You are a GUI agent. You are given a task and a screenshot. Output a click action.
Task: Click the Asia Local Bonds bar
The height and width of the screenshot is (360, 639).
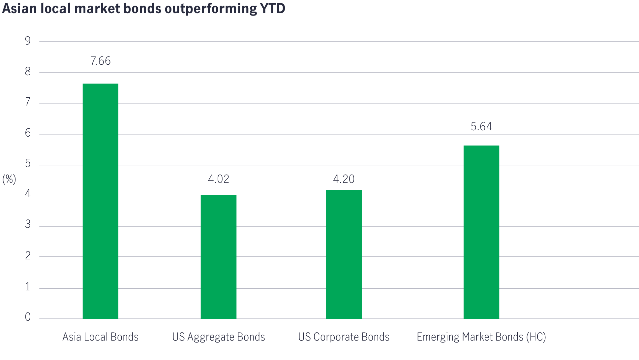[x=100, y=201]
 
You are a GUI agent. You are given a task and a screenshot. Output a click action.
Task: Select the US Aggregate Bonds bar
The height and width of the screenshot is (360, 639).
[x=218, y=256]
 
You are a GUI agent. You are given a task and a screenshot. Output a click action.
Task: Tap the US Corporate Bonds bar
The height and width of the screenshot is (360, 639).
[x=344, y=254]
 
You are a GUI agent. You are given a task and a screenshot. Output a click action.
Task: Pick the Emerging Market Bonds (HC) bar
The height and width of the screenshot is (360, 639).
[x=481, y=232]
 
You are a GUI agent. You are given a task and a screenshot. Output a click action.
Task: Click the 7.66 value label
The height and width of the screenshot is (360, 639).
[x=101, y=61]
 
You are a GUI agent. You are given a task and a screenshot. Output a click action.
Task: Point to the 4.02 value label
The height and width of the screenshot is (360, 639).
[x=218, y=179]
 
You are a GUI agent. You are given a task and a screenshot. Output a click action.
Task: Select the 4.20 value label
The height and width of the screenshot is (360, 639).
[x=344, y=179]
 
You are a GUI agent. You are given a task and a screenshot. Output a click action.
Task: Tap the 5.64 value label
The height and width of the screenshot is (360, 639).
[x=481, y=127]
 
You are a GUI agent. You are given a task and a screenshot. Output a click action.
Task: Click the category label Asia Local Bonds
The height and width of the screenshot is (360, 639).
[x=100, y=337]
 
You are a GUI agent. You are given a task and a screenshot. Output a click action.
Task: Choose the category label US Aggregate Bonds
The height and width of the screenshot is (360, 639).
[x=218, y=337]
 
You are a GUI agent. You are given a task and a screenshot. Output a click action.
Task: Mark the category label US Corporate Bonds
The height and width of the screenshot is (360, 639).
[x=344, y=337]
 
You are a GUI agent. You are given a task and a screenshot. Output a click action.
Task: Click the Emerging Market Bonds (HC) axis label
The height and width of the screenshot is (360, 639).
[x=481, y=337]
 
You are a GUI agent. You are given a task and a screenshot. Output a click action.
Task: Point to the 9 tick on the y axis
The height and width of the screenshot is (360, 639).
[x=28, y=41]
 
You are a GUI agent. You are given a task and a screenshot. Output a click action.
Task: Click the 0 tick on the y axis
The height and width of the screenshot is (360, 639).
[x=28, y=317]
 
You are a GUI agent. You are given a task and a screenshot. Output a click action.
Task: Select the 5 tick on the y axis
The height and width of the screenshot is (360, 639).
[x=28, y=164]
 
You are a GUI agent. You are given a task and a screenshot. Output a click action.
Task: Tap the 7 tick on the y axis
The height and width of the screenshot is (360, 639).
[x=28, y=102]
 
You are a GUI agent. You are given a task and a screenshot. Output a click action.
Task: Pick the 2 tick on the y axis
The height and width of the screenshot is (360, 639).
[x=28, y=255]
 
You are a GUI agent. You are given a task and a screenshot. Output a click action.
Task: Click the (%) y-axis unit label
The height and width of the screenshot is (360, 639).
[x=9, y=179]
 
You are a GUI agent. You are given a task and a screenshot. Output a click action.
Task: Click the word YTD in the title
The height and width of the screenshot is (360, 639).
[x=272, y=8]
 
